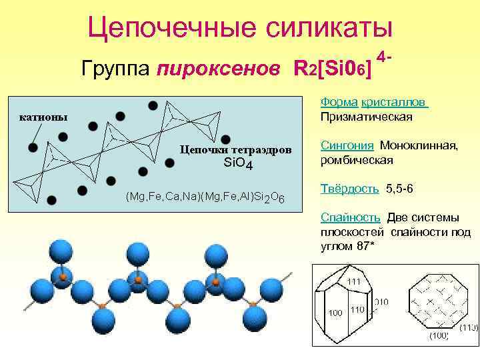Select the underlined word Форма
339,103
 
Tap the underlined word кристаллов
394,103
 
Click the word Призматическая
366,117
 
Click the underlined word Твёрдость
350,189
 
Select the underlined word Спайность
351,217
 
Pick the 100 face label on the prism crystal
335,312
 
